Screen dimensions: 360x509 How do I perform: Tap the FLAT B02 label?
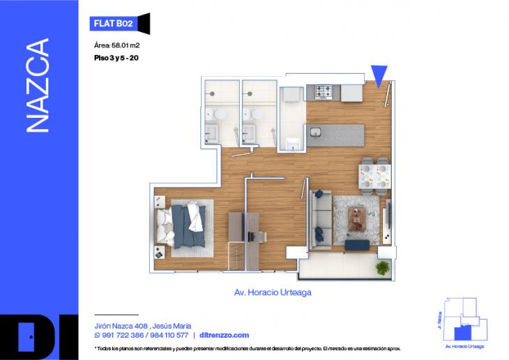coord(112,23)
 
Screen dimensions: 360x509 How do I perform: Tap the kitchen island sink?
coord(315,133)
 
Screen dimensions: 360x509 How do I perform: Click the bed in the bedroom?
coord(183,223)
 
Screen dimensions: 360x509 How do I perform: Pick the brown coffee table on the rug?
coord(358,218)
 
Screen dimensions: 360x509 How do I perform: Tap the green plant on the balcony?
coord(383,268)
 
